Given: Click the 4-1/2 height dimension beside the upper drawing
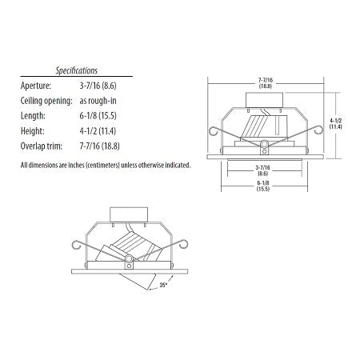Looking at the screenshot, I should (335, 123).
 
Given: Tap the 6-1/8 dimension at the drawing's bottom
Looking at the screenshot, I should (263, 186).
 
